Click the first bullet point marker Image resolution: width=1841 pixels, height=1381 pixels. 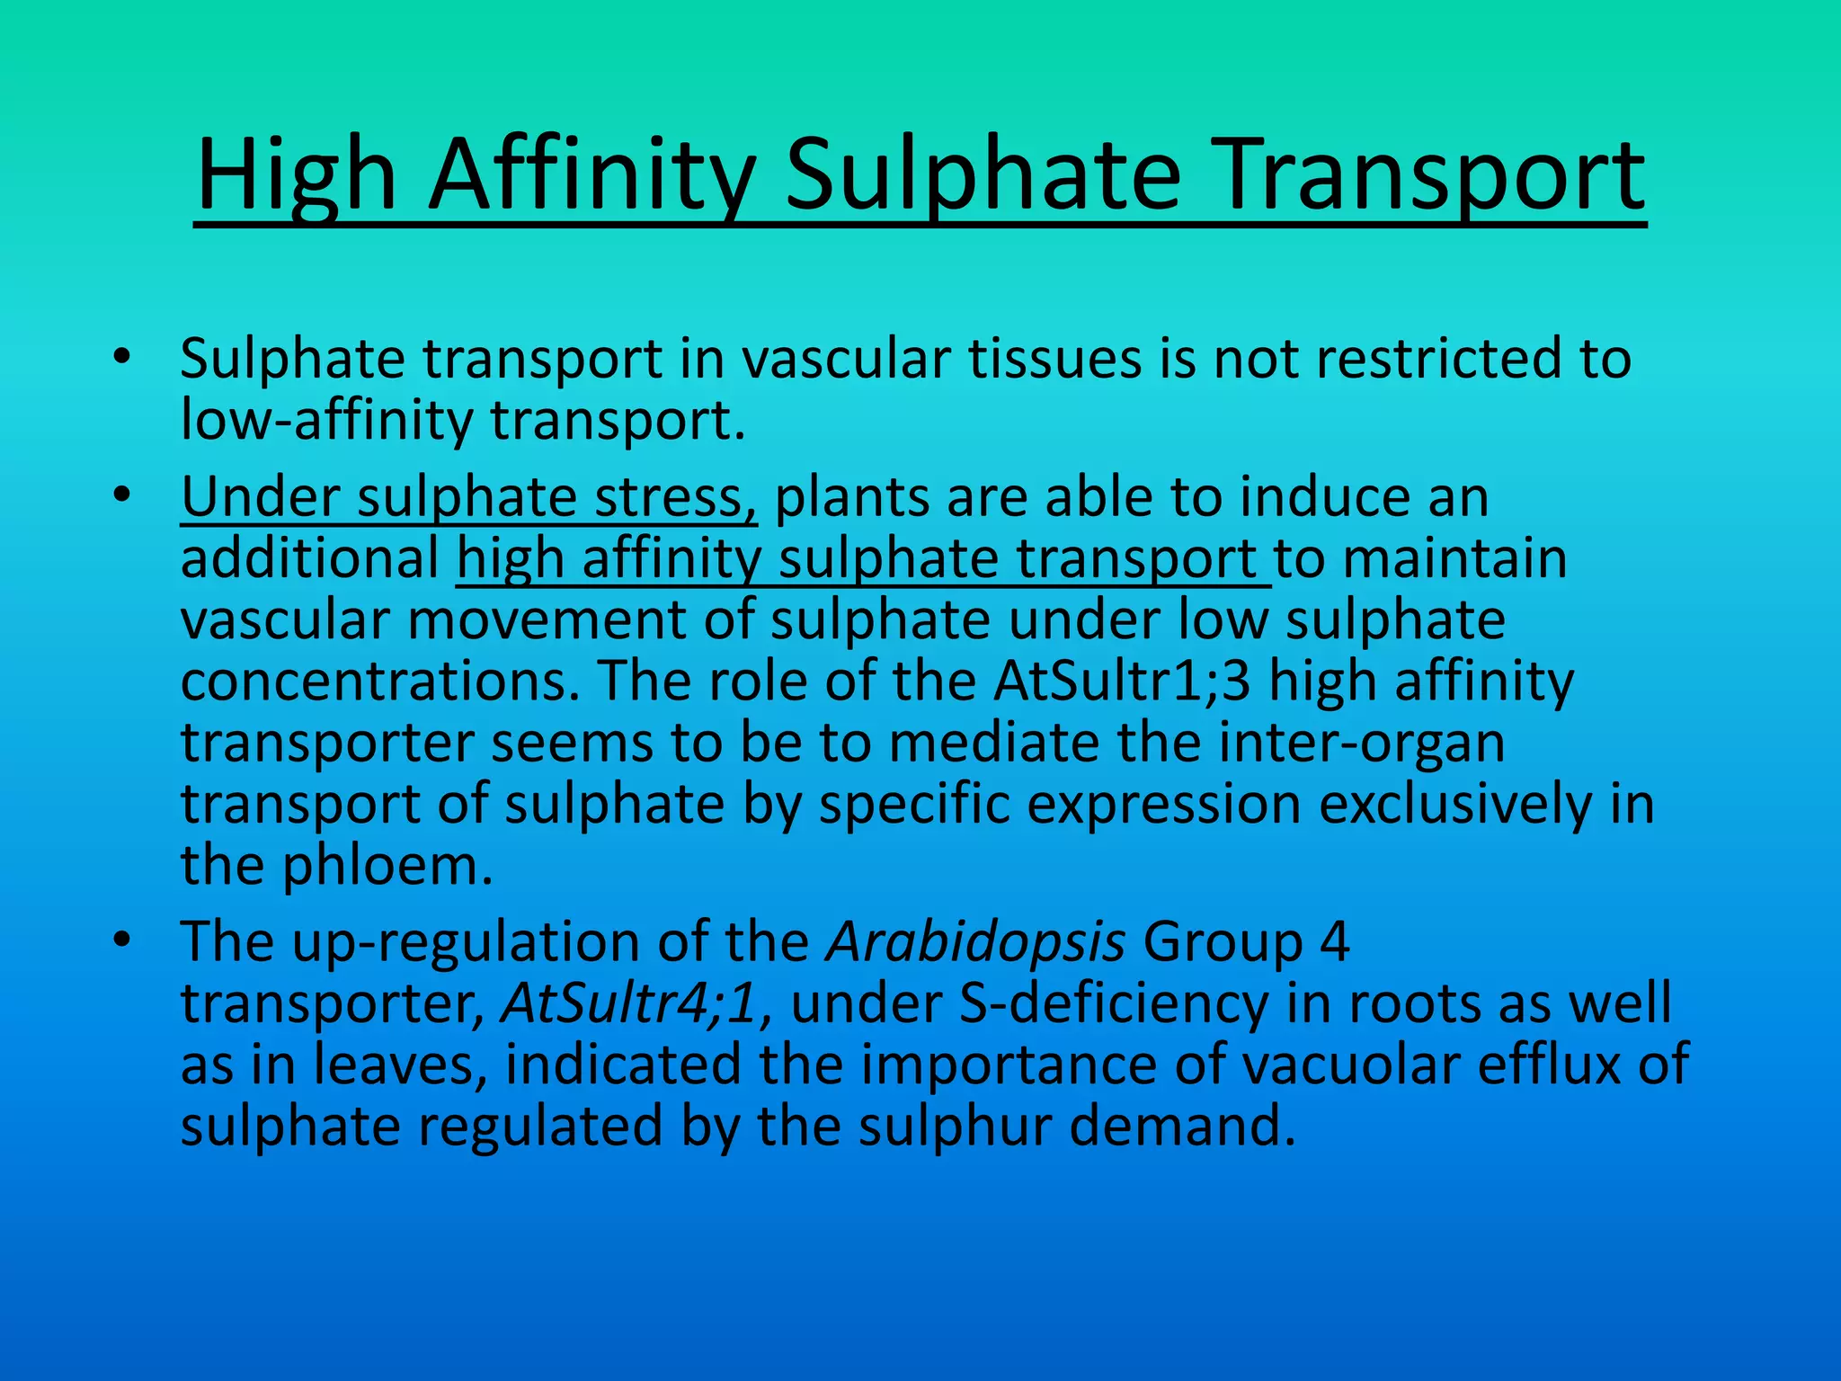[x=123, y=359]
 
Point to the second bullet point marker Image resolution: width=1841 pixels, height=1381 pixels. [x=123, y=496]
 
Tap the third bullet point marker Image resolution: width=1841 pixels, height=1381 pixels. [x=123, y=941]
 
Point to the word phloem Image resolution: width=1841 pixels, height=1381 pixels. [x=388, y=865]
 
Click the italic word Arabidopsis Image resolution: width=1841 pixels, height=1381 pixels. [x=976, y=942]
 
